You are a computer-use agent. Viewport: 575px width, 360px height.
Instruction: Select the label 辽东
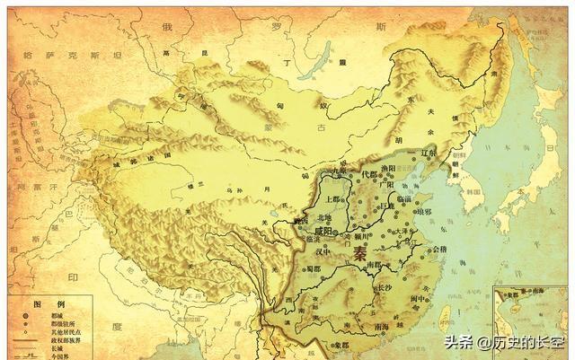[427, 154]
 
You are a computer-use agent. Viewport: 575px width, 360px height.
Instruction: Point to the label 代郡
[368, 173]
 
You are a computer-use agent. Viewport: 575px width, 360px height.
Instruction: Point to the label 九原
[337, 171]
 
